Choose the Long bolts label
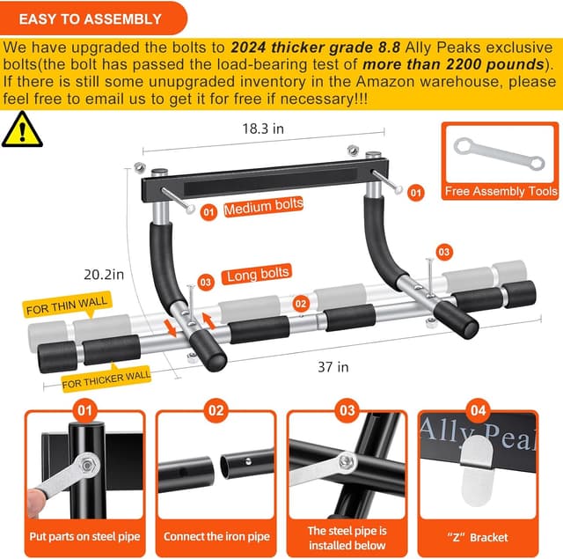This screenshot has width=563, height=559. [259, 275]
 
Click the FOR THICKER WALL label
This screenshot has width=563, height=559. [106, 379]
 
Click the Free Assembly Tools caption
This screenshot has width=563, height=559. [501, 191]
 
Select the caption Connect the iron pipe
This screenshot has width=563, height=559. [216, 536]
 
